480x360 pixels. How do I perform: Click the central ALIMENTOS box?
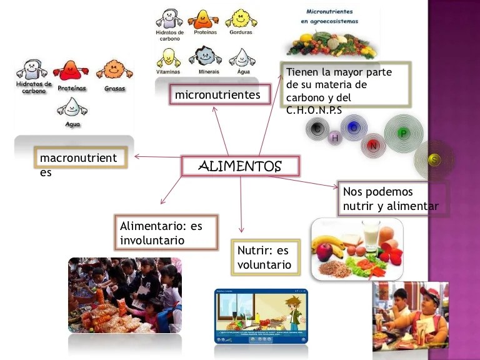[x=240, y=166]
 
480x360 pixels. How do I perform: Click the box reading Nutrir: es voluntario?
[x=264, y=257]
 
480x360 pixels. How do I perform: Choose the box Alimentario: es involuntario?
[x=166, y=232]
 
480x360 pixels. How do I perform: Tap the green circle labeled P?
[x=403, y=133]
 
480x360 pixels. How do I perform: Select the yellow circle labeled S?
[x=434, y=160]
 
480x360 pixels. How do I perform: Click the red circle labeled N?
[x=373, y=146]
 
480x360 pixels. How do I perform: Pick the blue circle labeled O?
[x=354, y=127]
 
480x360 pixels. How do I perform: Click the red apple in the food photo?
[x=325, y=251]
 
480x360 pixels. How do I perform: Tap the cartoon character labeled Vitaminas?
[x=168, y=57]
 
